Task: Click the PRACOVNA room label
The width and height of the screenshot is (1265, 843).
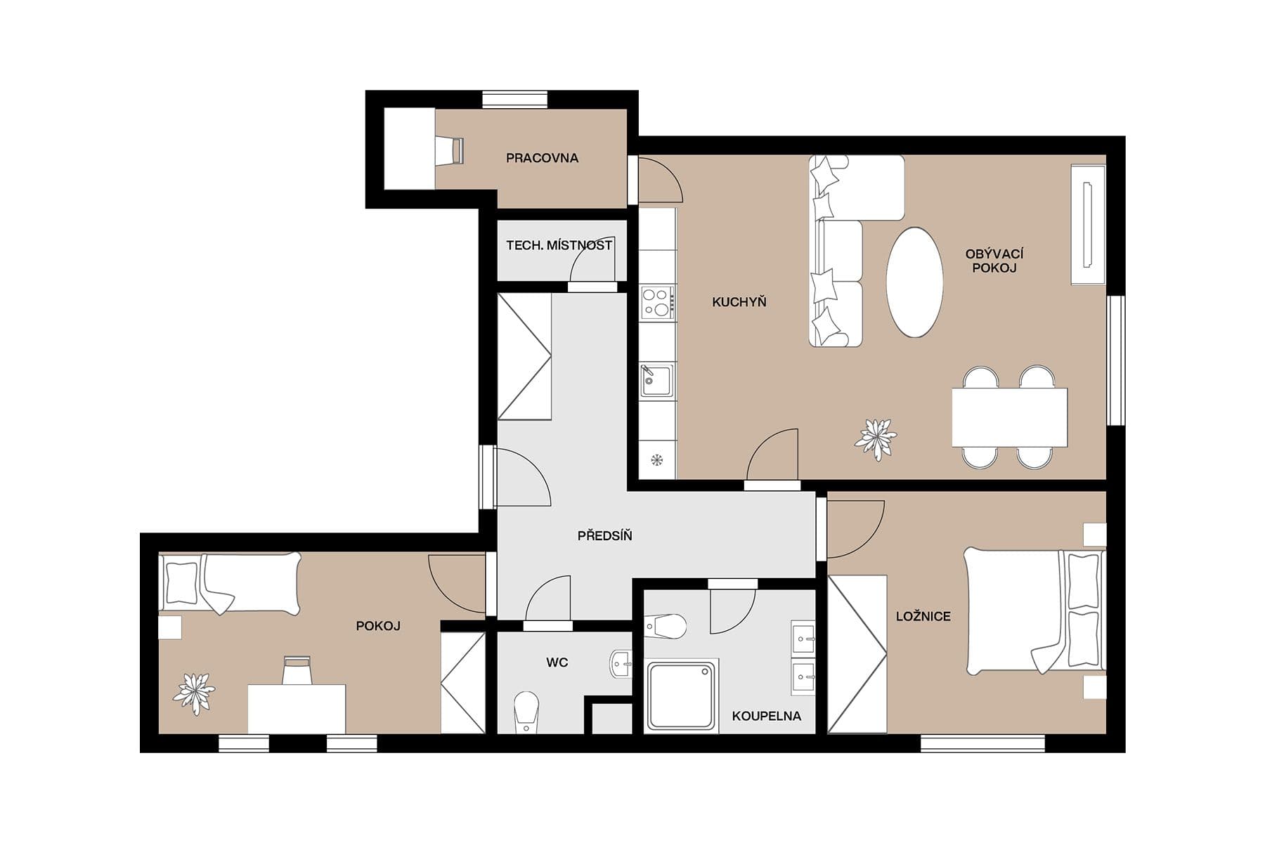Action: (542, 158)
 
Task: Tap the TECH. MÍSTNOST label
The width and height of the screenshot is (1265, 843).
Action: (559, 245)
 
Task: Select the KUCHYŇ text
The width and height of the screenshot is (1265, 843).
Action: (739, 302)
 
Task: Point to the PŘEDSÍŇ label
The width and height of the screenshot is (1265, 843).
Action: (604, 536)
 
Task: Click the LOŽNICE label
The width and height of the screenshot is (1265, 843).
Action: (923, 616)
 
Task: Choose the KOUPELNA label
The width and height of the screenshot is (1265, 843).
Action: (766, 716)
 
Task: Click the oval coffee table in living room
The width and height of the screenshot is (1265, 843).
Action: (914, 283)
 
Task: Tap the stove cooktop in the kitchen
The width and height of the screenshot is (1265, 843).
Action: (658, 303)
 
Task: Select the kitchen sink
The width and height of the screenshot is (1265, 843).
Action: (656, 380)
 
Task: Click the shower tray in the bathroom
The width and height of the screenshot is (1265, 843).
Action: (681, 695)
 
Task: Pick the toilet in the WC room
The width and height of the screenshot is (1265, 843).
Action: (526, 711)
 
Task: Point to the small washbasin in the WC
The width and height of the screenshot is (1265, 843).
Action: (620, 664)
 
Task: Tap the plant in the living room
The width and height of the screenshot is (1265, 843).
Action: (876, 438)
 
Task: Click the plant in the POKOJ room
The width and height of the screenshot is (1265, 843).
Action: (194, 693)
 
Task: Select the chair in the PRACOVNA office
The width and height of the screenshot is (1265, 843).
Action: (448, 150)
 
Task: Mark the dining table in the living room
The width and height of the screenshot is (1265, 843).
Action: (1009, 417)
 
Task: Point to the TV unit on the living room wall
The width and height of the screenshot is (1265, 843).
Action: (1088, 225)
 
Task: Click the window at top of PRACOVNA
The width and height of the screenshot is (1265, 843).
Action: (515, 100)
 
